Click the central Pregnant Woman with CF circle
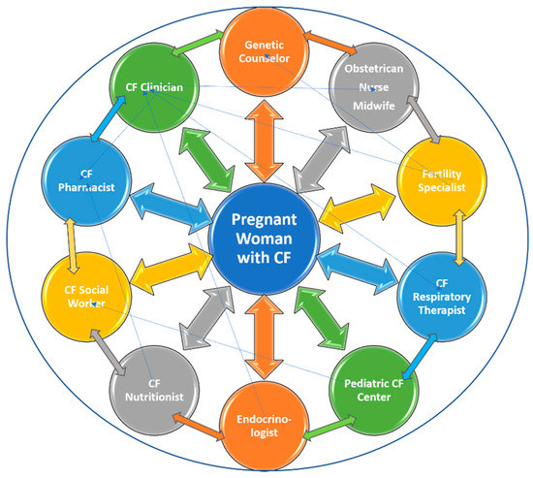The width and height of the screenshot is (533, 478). [266, 239]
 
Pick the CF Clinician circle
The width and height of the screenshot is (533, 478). [155, 86]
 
